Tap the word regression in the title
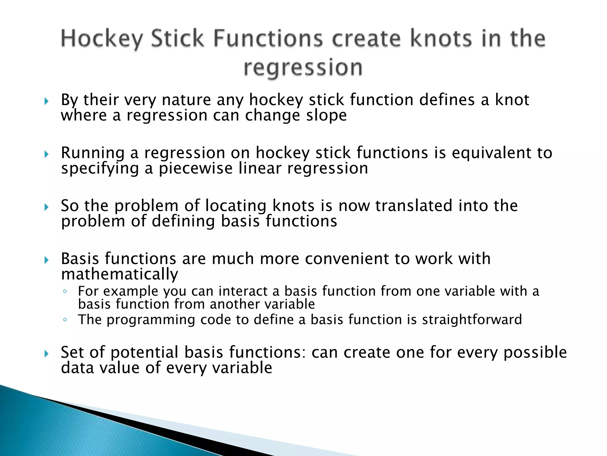(303, 68)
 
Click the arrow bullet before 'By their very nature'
(46, 102)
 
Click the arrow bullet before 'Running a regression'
(46, 154)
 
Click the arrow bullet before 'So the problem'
(46, 207)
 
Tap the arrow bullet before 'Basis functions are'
(46, 260)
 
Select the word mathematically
(119, 274)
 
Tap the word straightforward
(472, 320)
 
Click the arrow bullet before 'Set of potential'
(46, 354)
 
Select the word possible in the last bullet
(535, 353)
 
